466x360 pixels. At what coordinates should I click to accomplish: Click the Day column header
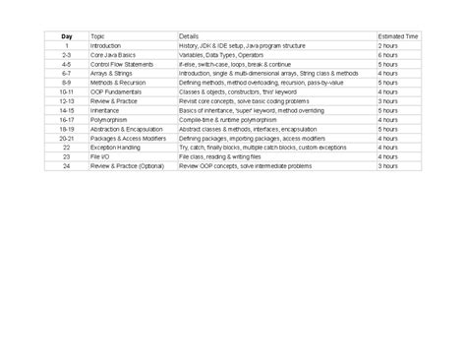click(66, 36)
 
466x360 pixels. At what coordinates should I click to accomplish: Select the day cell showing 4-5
click(66, 64)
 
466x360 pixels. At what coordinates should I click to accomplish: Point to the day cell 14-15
click(66, 110)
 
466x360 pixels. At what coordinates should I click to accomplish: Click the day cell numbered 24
click(66, 166)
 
